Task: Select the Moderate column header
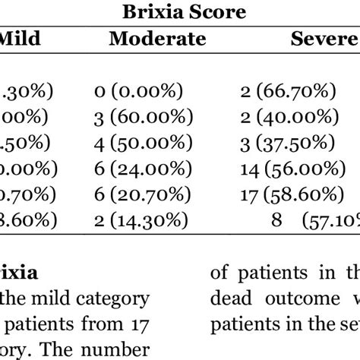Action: coord(157,39)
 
